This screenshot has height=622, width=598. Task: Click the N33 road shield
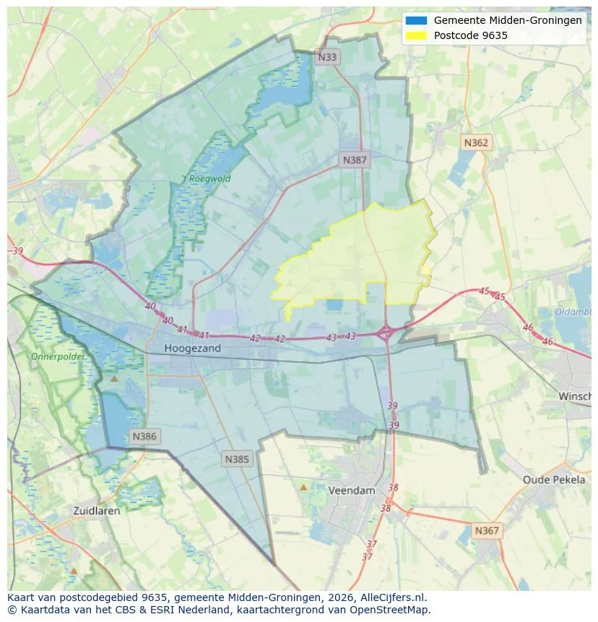(x=327, y=56)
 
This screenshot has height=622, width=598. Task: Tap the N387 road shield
(x=355, y=160)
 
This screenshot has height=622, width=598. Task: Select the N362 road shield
(x=475, y=142)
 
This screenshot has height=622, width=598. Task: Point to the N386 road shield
(x=144, y=436)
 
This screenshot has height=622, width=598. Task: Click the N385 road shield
(x=237, y=459)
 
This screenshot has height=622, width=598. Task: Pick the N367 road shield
(x=486, y=530)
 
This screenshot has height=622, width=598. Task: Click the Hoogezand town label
(x=192, y=348)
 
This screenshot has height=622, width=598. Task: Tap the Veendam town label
(x=352, y=490)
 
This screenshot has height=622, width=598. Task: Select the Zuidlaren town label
(x=97, y=510)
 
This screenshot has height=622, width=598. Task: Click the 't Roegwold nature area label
(x=206, y=178)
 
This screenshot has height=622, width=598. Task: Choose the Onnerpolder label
(x=58, y=357)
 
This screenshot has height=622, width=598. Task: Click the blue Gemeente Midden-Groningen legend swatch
(x=417, y=20)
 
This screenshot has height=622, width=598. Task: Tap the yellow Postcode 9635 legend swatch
(x=417, y=35)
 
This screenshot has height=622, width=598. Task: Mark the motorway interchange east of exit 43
(x=386, y=333)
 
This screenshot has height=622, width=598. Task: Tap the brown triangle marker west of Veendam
(x=303, y=488)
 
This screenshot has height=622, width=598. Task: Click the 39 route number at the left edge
(x=17, y=251)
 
